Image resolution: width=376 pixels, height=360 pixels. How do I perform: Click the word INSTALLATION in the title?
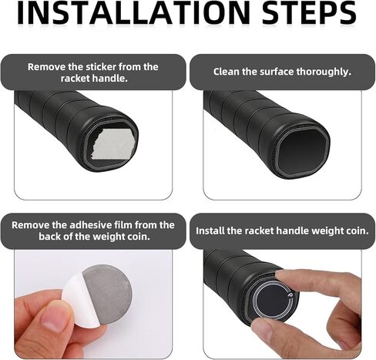tap(133, 13)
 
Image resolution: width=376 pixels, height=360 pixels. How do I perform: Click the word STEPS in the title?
tap(309, 13)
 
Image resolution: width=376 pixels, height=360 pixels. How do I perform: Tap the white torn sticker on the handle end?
tap(112, 143)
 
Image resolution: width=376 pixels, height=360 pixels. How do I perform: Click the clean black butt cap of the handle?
tap(303, 152)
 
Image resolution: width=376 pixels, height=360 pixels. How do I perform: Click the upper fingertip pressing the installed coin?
tap(284, 277)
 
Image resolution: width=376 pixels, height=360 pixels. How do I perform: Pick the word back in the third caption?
tap(50, 237)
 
